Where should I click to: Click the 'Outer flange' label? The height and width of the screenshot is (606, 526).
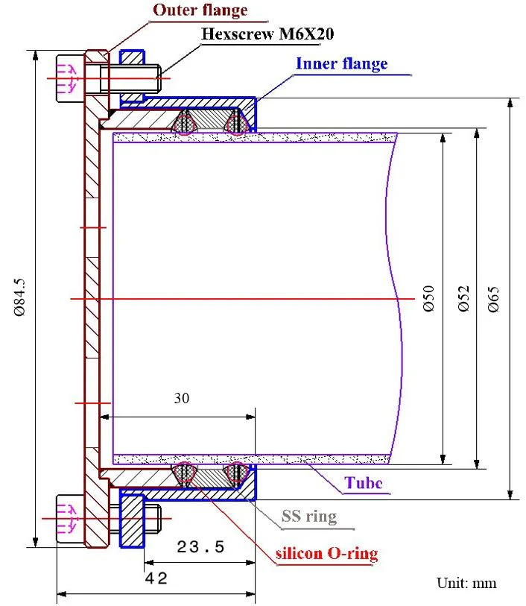pyautogui.click(x=200, y=10)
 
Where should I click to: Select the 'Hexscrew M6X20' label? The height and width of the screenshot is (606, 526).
pyautogui.click(x=267, y=34)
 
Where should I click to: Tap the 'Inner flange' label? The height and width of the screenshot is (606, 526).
pyautogui.click(x=342, y=64)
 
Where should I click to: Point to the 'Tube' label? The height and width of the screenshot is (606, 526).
pyautogui.click(x=364, y=483)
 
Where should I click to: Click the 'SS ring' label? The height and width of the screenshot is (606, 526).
pyautogui.click(x=309, y=517)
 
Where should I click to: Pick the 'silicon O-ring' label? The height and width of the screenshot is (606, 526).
pyautogui.click(x=327, y=554)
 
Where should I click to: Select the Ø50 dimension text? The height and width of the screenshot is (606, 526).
pyautogui.click(x=428, y=298)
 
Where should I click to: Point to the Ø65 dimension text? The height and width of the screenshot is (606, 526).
pyautogui.click(x=493, y=299)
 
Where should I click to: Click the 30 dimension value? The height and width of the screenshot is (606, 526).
pyautogui.click(x=182, y=398)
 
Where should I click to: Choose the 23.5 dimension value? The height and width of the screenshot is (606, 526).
pyautogui.click(x=200, y=547)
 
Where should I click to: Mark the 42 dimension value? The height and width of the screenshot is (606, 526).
pyautogui.click(x=156, y=578)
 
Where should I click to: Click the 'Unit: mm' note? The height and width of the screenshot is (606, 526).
pyautogui.click(x=466, y=583)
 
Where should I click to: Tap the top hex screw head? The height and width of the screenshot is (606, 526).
pyautogui.click(x=70, y=78)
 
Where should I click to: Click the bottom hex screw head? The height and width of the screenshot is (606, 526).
pyautogui.click(x=70, y=519)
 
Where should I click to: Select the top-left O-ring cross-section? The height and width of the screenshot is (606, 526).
pyautogui.click(x=185, y=122)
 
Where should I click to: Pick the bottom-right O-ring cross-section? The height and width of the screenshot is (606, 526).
pyautogui.click(x=237, y=475)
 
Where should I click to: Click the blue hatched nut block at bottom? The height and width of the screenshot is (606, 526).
pyautogui.click(x=132, y=520)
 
